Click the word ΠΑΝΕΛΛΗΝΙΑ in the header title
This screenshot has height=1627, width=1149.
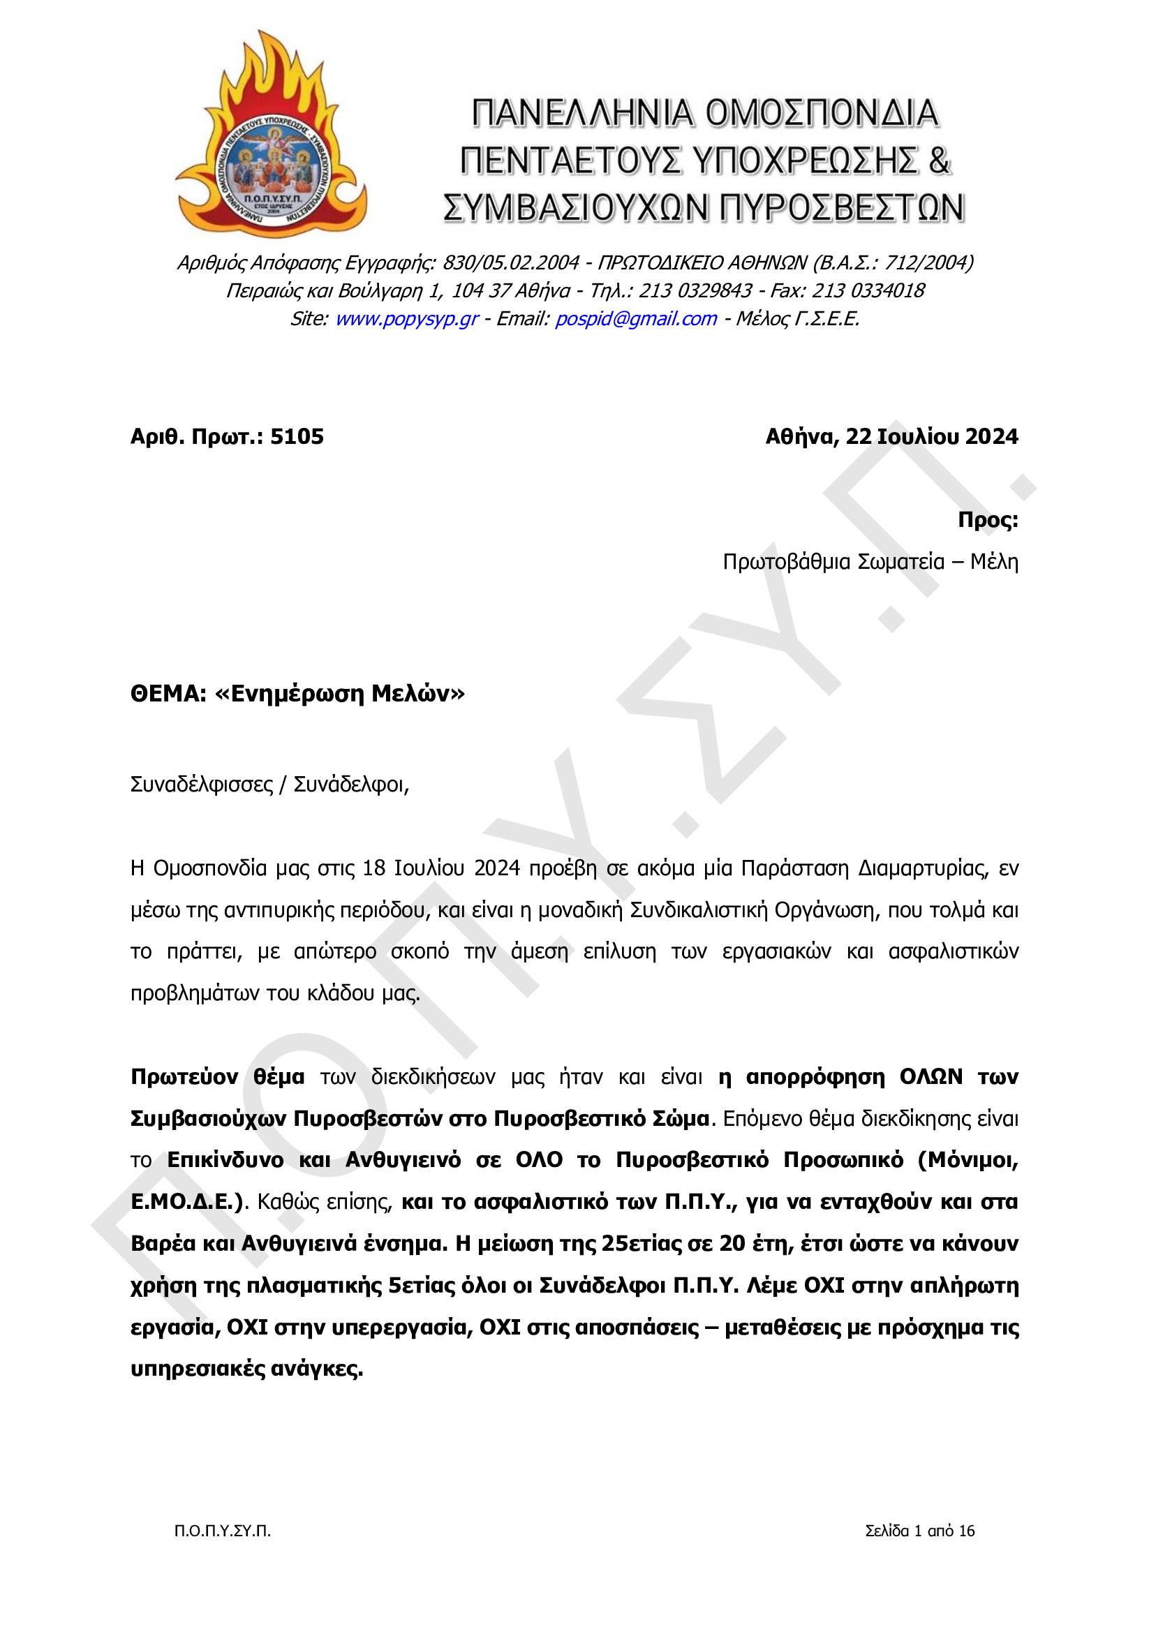pyautogui.click(x=581, y=113)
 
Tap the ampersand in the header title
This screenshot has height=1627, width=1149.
pyautogui.click(x=937, y=161)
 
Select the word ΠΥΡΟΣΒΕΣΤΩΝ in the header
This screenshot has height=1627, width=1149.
pyautogui.click(x=842, y=208)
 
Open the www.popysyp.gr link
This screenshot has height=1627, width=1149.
pyautogui.click(x=407, y=319)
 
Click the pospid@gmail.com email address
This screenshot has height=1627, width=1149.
pyautogui.click(x=636, y=319)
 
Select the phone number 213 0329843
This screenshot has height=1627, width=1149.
pyautogui.click(x=695, y=290)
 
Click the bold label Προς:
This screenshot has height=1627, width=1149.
pyautogui.click(x=987, y=519)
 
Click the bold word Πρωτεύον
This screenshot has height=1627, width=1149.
pyautogui.click(x=184, y=1077)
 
